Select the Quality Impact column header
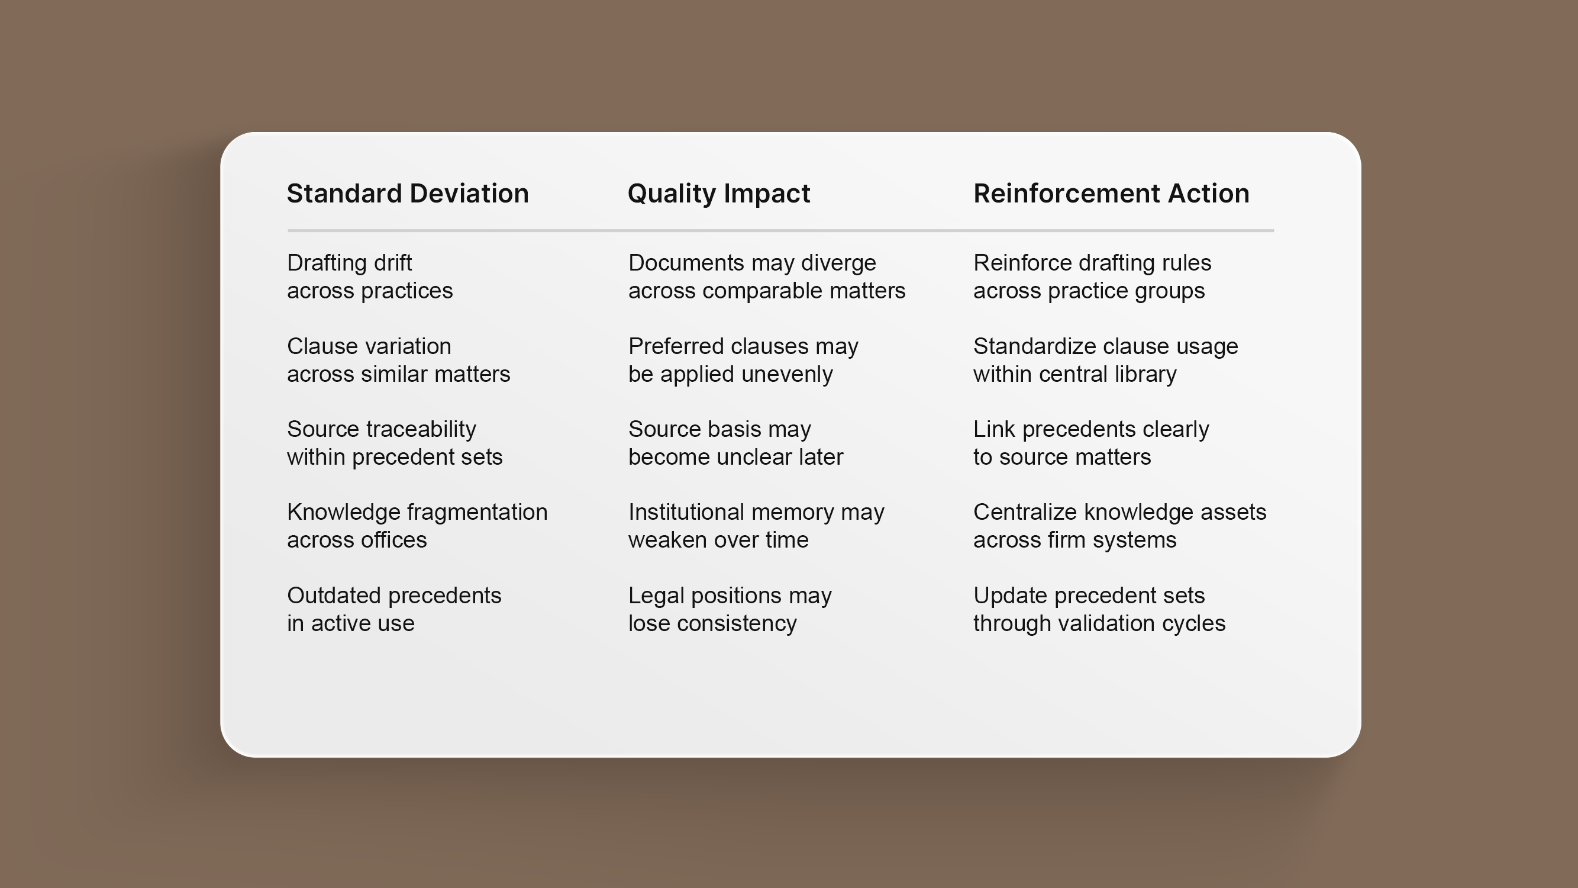pyautogui.click(x=718, y=194)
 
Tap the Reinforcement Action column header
pyautogui.click(x=1111, y=194)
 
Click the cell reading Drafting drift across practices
pyautogui.click(x=369, y=276)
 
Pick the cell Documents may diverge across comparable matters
pyautogui.click(x=766, y=276)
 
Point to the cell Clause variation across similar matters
pyautogui.click(x=398, y=360)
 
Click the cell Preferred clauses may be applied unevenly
pyautogui.click(x=743, y=360)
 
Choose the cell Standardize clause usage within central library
pyautogui.click(x=1106, y=360)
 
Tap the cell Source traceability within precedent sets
pyautogui.click(x=395, y=443)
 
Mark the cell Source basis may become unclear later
pyautogui.click(x=735, y=443)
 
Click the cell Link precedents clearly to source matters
pyautogui.click(x=1091, y=443)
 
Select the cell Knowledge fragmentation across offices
pyautogui.click(x=417, y=526)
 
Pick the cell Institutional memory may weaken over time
pyautogui.click(x=756, y=526)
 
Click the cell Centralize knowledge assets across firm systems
pyautogui.click(x=1120, y=526)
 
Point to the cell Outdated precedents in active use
pyautogui.click(x=394, y=609)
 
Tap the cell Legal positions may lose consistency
pyautogui.click(x=730, y=609)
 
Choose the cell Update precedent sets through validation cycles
pyautogui.click(x=1099, y=609)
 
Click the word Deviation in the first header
pyautogui.click(x=469, y=194)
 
